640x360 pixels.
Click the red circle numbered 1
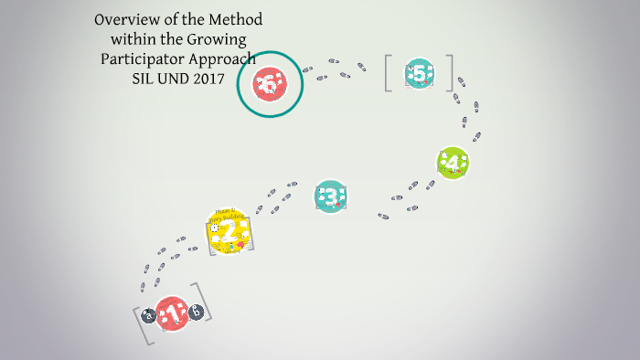pos(171,314)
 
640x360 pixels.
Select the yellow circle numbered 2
pos(228,230)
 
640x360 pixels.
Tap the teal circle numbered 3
pos(331,196)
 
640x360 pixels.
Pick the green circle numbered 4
pos(453,163)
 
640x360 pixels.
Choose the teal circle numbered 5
pos(419,74)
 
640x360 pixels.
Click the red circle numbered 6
pos(270,84)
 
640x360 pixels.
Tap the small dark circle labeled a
pos(148,317)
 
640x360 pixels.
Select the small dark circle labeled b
pos(195,312)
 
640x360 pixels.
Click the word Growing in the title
pos(219,38)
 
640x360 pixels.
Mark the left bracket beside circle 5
pos(388,74)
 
